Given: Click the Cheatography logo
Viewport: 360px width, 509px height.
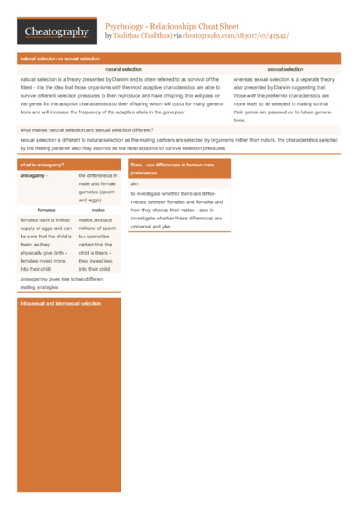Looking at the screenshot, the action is coord(57,32).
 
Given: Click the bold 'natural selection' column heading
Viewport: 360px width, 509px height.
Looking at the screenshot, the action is coord(123,69).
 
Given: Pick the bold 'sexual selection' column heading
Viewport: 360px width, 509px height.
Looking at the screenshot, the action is coord(285,69).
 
